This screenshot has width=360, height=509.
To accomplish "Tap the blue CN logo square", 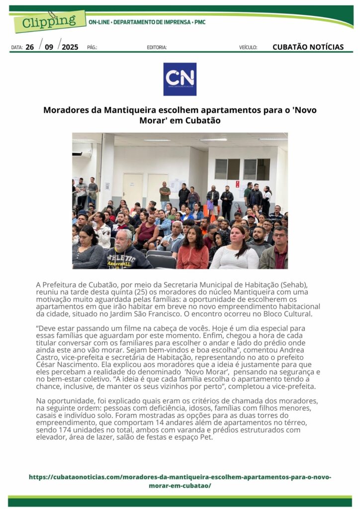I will (x=180, y=79).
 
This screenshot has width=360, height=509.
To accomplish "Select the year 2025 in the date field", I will (x=70, y=47).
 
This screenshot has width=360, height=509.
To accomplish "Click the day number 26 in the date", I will (x=30, y=47).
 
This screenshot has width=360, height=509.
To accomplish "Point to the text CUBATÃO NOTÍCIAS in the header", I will (x=308, y=47).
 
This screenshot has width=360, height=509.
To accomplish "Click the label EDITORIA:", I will (x=157, y=48).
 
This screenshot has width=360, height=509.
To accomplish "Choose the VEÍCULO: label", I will (x=248, y=48).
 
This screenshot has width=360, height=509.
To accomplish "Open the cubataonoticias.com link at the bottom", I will (x=180, y=481).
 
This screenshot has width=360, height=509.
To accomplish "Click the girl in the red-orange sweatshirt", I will (x=192, y=251).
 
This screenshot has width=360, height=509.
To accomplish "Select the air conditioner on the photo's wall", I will (x=82, y=154).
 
